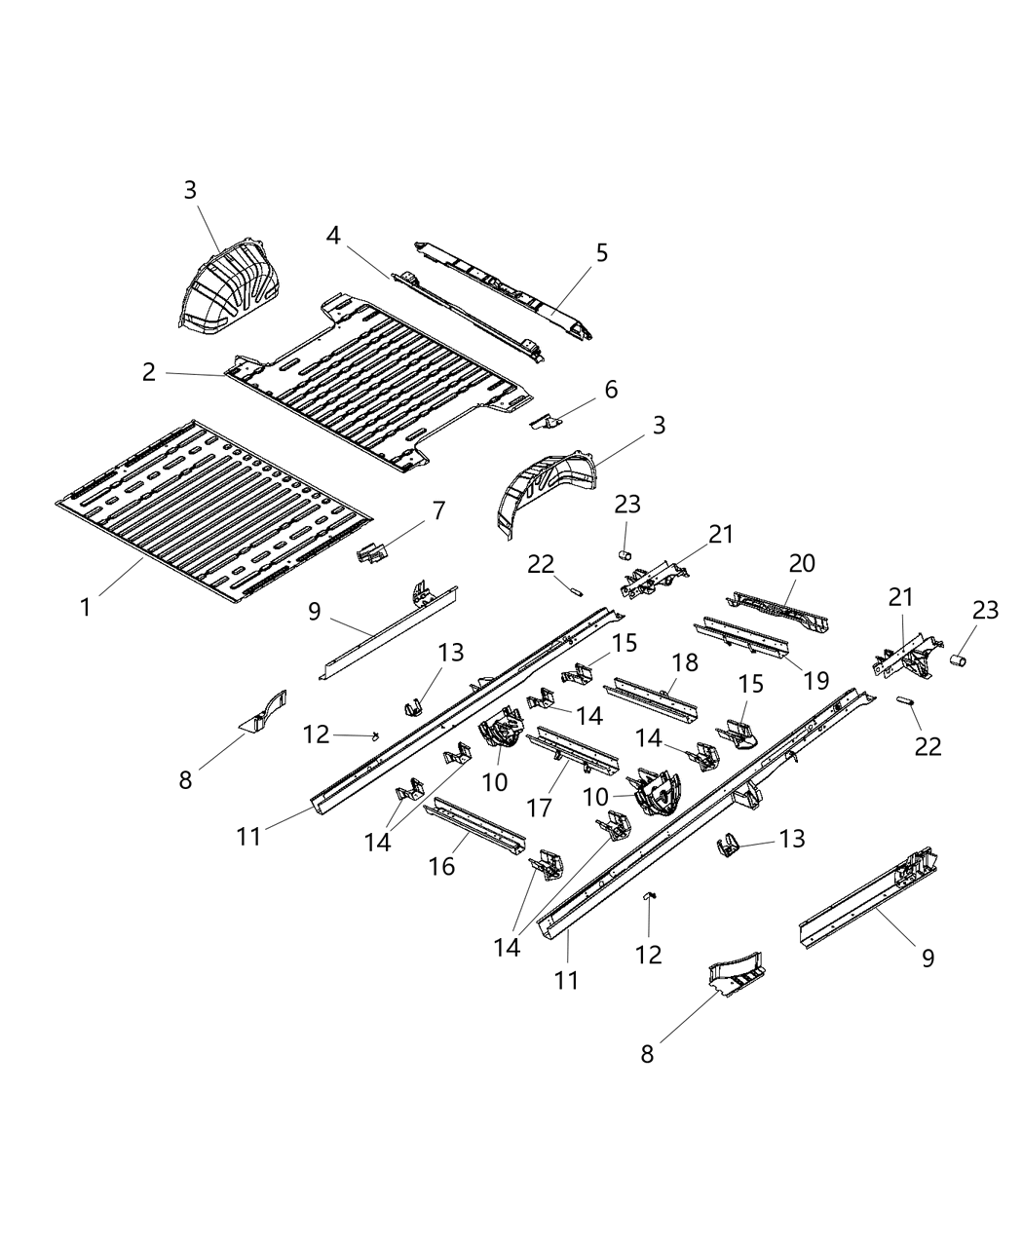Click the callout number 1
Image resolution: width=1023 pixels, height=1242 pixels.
[87, 607]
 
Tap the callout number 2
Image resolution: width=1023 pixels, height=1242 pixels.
[148, 372]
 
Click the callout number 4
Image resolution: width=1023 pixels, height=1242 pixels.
[333, 236]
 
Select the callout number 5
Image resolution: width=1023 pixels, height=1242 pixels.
[601, 253]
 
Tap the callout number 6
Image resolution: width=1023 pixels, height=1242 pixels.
[611, 390]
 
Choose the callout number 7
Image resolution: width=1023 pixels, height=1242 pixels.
[438, 509]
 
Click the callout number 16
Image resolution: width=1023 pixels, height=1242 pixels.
[441, 865]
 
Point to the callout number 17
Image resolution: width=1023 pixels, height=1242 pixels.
[539, 808]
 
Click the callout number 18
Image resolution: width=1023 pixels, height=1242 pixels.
[685, 662]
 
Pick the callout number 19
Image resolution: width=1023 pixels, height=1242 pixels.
[816, 680]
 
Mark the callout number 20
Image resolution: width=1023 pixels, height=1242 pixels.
[802, 563]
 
